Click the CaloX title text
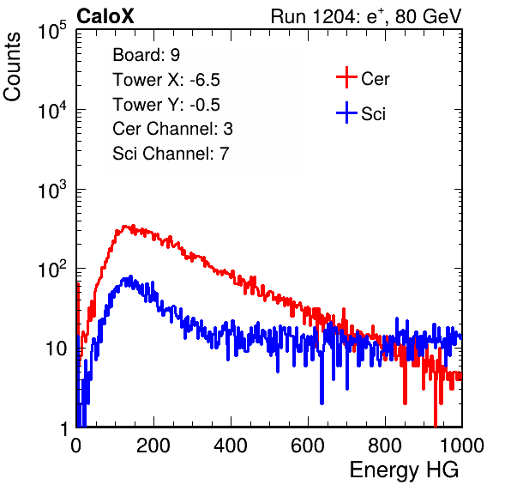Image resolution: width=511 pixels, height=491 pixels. (x=105, y=16)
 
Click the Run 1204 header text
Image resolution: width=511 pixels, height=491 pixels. (x=366, y=16)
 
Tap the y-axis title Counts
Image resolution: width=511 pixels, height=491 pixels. (x=12, y=67)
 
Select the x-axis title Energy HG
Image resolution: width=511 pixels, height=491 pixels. (x=404, y=470)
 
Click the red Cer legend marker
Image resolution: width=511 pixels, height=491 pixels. (x=346, y=77)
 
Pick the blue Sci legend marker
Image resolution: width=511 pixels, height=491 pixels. (x=346, y=113)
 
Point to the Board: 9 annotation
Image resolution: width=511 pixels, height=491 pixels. (x=146, y=55)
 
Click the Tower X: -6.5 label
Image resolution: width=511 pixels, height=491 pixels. (x=166, y=80)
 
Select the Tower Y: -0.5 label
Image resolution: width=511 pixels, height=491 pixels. (x=166, y=105)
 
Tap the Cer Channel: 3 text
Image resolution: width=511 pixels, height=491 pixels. (x=172, y=129)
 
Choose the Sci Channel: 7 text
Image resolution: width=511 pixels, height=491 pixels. (x=171, y=154)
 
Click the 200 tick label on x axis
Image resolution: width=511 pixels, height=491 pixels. (x=153, y=446)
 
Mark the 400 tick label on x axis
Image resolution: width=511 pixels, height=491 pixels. (x=231, y=446)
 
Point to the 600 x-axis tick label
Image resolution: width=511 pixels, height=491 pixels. (x=308, y=446)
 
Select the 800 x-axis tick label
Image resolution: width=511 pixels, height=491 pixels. (x=385, y=446)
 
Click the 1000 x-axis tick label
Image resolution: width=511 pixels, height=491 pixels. (x=461, y=446)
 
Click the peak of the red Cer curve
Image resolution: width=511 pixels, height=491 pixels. (x=124, y=227)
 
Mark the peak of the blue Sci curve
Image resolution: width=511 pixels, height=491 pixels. (x=130, y=277)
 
